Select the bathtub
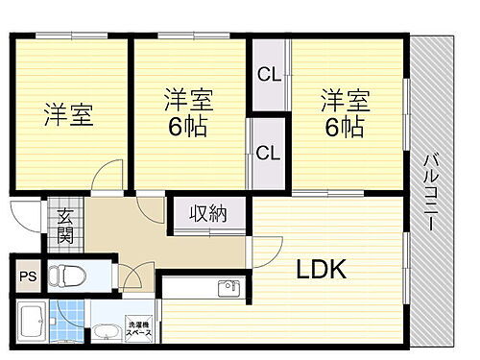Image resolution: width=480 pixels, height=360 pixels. point(30,323)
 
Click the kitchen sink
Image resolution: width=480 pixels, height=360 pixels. point(228,287)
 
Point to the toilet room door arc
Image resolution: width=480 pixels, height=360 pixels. point(131,276)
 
